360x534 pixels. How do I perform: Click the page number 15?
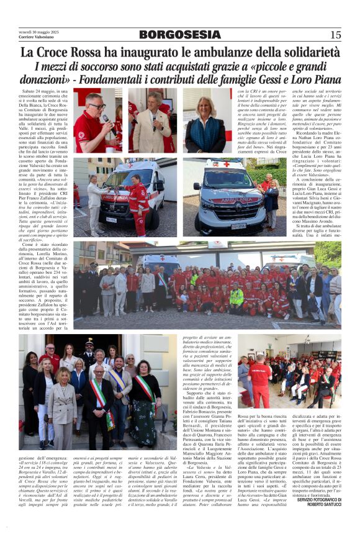[336, 34]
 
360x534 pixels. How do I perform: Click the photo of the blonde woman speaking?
[207, 120]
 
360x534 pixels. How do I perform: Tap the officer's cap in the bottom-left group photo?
[89, 342]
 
